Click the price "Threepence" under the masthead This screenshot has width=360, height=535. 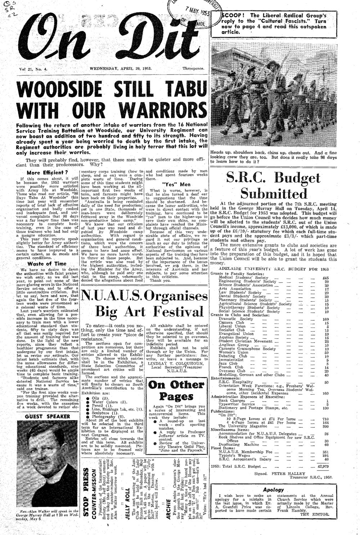[x=193, y=68]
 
